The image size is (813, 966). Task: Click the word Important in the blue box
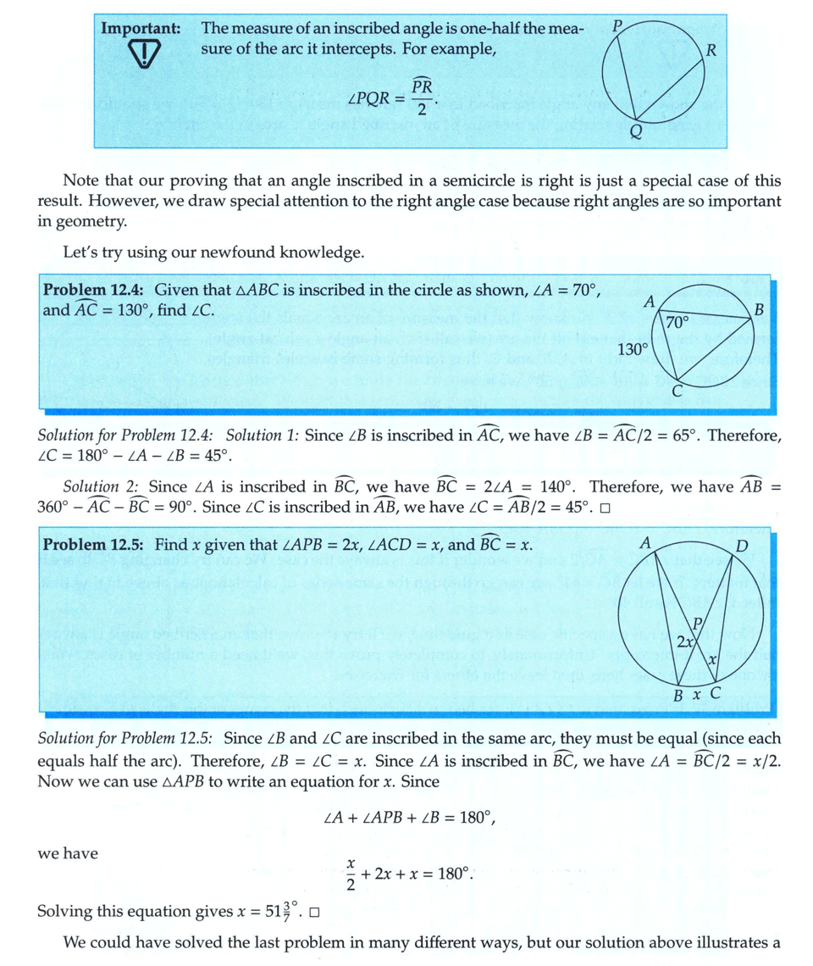(x=141, y=28)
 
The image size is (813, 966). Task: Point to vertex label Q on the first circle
(x=635, y=132)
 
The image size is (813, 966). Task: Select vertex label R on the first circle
(x=711, y=49)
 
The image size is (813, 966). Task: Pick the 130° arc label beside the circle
(x=632, y=348)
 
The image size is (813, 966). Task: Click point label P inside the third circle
(x=699, y=625)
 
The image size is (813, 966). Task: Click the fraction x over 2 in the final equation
(x=348, y=871)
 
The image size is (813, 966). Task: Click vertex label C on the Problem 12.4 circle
(x=677, y=391)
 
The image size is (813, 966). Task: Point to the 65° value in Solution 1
(x=681, y=436)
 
